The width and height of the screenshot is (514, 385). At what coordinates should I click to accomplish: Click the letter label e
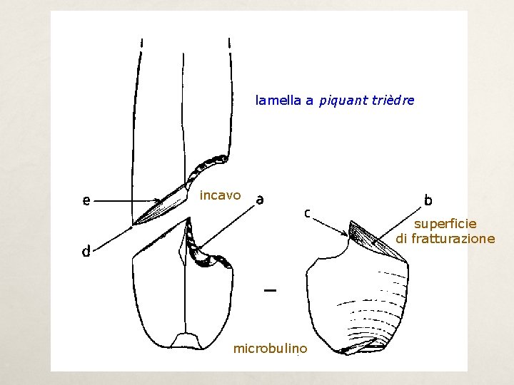point(86,201)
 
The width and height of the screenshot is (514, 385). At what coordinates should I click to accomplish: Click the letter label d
point(86,251)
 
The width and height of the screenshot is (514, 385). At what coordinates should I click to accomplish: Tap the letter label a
point(260,199)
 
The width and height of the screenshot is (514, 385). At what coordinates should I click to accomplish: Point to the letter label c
point(306,212)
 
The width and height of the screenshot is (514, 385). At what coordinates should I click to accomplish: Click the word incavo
point(221,195)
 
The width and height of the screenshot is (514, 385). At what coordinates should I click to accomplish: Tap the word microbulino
point(271,349)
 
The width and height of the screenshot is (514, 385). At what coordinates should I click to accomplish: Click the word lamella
point(278,101)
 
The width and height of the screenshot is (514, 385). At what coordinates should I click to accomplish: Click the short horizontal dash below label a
point(270,290)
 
